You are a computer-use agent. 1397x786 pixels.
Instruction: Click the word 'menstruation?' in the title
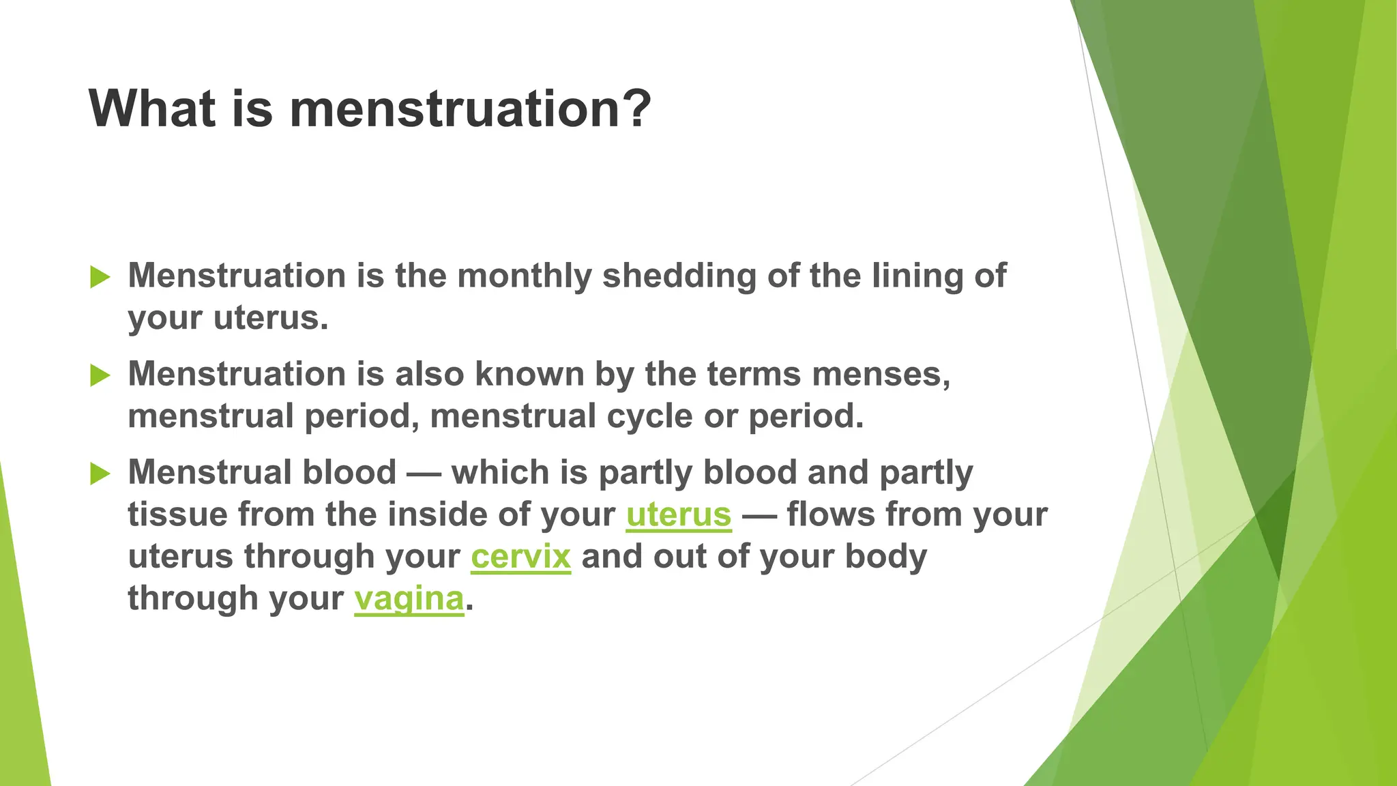click(x=471, y=109)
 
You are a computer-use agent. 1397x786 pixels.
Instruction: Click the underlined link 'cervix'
click(x=520, y=556)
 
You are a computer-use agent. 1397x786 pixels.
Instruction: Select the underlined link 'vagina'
click(x=409, y=598)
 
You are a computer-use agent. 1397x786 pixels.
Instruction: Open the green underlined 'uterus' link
click(x=679, y=514)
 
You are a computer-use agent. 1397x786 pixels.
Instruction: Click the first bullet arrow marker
click(x=100, y=277)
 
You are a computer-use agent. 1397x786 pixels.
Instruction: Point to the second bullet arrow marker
click(x=100, y=375)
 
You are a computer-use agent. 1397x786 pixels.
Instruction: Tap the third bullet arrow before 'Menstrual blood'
click(x=100, y=474)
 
